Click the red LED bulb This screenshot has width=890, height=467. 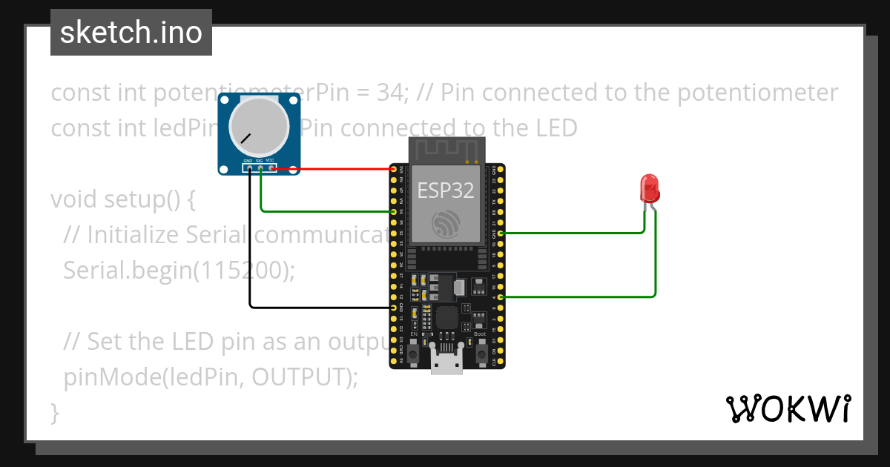click(x=650, y=188)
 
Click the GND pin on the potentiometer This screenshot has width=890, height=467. click(x=250, y=168)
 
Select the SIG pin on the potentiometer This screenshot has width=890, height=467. click(x=261, y=168)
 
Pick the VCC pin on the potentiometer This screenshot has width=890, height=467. click(x=272, y=168)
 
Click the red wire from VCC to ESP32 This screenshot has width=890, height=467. click(x=334, y=169)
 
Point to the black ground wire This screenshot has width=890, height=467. click(x=250, y=245)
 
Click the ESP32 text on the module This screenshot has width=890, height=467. click(x=445, y=191)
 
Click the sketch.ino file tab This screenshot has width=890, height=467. click(x=131, y=33)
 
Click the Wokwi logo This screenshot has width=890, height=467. click(x=788, y=408)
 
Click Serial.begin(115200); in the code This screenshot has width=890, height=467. click(x=179, y=271)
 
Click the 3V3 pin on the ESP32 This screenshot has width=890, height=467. click(x=394, y=170)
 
